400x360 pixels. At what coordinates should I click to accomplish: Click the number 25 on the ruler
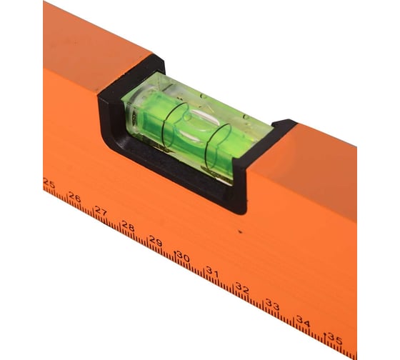[x=49, y=183]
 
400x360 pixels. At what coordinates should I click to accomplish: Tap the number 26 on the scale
[x=75, y=197]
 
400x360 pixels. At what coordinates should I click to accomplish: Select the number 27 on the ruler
[x=101, y=211]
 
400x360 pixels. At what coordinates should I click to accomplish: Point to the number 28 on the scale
[x=128, y=226]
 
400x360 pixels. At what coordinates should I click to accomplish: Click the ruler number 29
[x=156, y=241]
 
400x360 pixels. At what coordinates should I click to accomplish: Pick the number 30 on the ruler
[x=184, y=256]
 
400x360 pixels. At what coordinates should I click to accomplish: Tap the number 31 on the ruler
[x=212, y=271]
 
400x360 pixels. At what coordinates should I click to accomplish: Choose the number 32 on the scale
[x=242, y=288]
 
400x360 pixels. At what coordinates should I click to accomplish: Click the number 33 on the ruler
[x=272, y=304]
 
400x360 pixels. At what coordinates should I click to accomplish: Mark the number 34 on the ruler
[x=304, y=321]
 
